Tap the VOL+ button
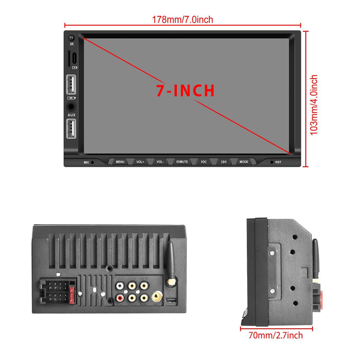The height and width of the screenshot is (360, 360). (140, 161)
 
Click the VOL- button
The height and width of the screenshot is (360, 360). (160, 161)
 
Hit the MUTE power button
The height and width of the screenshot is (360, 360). (182, 161)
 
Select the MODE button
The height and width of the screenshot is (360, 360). (244, 161)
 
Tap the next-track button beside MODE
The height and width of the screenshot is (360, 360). (224, 161)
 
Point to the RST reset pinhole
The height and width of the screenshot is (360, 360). (272, 162)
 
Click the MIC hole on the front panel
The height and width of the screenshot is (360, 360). (93, 162)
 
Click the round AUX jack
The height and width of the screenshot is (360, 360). (71, 107)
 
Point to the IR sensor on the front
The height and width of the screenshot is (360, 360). (71, 38)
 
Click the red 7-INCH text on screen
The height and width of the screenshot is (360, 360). (185, 91)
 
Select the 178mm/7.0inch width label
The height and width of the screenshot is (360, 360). (182, 20)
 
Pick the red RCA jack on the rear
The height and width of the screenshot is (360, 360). (120, 297)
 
